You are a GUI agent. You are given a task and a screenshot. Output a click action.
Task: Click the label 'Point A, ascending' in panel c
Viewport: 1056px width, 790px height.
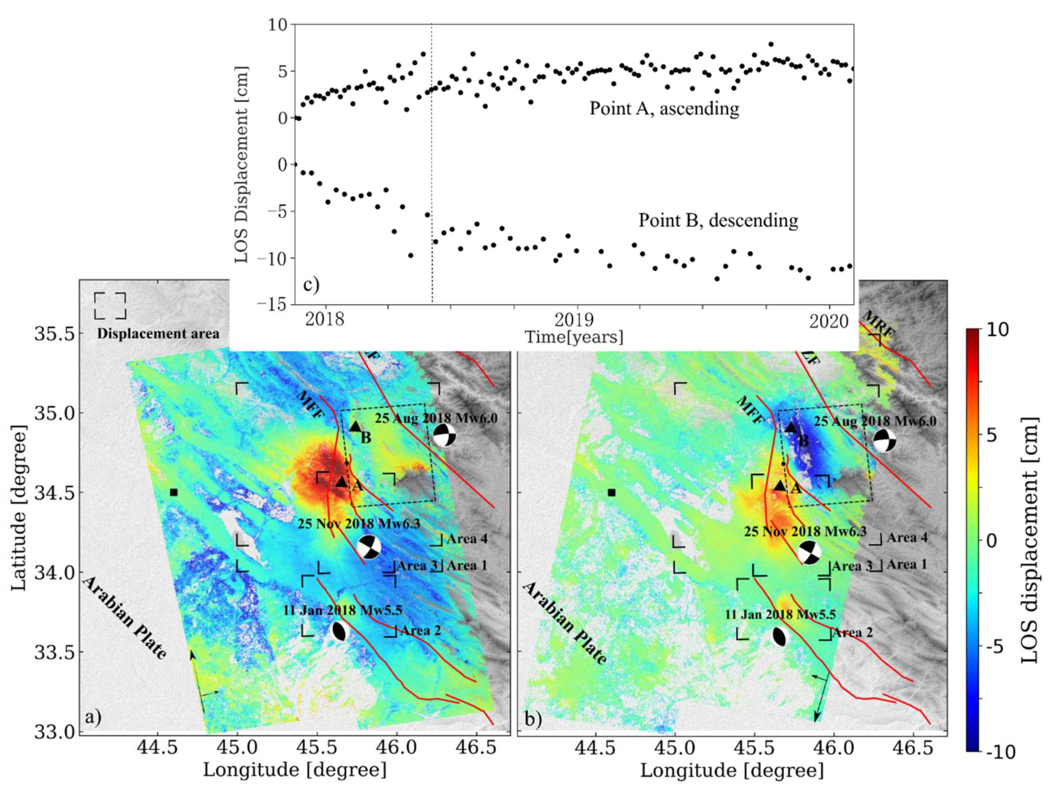(x=664, y=109)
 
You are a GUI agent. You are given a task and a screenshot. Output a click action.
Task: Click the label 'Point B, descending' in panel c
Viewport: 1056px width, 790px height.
(x=718, y=221)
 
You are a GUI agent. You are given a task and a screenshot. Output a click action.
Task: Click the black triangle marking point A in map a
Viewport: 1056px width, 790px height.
(x=341, y=482)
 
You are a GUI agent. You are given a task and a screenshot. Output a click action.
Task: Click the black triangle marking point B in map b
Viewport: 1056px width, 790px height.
(x=790, y=428)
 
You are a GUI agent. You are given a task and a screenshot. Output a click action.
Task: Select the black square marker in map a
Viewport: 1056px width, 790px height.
(x=174, y=492)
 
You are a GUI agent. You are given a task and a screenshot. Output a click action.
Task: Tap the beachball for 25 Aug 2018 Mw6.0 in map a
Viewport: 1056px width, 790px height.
(x=444, y=435)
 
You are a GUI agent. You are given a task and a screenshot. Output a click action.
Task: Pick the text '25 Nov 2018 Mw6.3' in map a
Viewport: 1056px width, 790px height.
(x=359, y=524)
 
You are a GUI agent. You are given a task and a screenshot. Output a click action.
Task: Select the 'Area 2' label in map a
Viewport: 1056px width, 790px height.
(x=420, y=631)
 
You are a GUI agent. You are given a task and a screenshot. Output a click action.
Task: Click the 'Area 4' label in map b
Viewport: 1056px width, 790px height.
(x=907, y=538)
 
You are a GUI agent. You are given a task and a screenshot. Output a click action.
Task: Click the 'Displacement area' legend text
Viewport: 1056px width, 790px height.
(x=158, y=334)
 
